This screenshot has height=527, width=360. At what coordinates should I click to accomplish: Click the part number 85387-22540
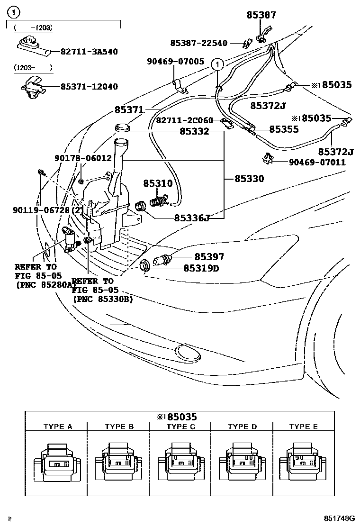coord(199,43)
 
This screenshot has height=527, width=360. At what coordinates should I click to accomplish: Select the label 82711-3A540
coord(89,52)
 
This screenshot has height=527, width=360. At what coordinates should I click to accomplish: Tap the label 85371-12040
coord(89,87)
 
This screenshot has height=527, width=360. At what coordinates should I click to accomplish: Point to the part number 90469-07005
coord(176,62)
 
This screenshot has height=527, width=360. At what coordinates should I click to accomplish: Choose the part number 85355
coord(284,128)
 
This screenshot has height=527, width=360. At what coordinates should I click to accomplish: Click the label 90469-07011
coord(317,163)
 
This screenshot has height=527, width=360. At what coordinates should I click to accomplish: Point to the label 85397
coord(209,257)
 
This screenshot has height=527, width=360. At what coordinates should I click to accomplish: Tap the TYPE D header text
coord(242,427)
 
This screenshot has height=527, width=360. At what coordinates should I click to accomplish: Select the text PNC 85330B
coord(103,299)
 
